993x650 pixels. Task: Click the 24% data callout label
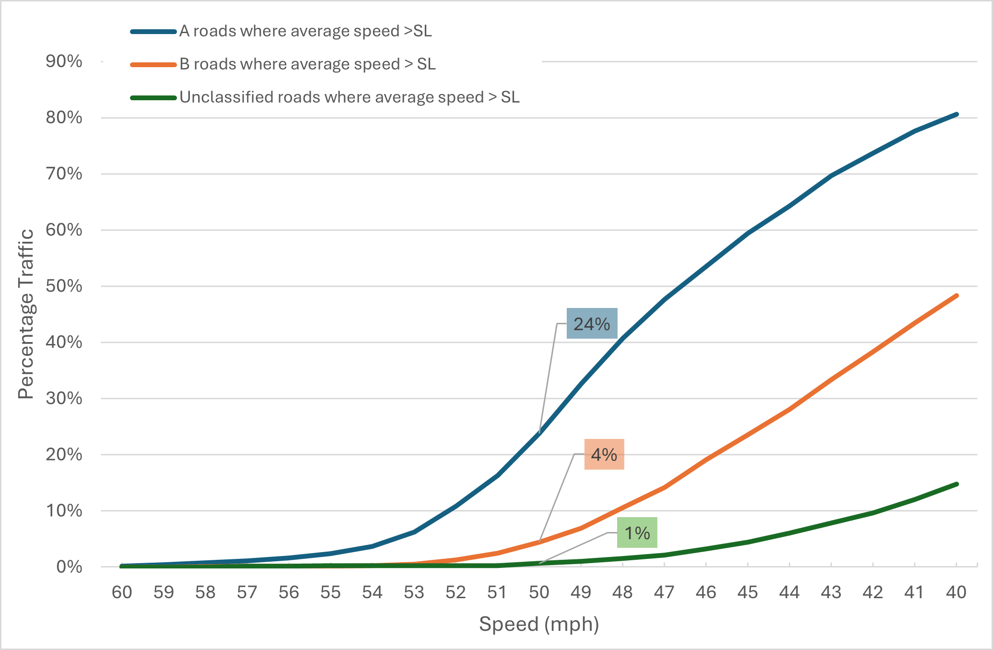coord(592,324)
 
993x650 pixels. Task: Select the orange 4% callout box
coord(604,454)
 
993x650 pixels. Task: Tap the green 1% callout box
coord(637,532)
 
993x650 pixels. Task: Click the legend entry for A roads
coord(305,31)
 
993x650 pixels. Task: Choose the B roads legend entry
coord(307,64)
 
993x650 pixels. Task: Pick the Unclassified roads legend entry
coord(349,97)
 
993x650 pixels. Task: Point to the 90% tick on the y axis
coord(64,61)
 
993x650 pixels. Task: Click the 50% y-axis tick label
coord(64,286)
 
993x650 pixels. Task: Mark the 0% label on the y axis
coord(69,567)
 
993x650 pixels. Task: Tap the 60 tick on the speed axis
coord(122,592)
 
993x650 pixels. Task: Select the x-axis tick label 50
coord(539,592)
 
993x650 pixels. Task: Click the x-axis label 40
coord(956,592)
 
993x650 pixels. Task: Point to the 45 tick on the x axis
coord(748,592)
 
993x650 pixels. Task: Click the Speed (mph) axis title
coord(539,624)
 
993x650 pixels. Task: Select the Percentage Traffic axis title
coord(26,314)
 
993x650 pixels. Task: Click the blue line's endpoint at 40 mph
coord(957,114)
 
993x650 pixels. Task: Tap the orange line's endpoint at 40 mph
coord(957,295)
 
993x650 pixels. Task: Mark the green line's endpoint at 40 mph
coord(957,484)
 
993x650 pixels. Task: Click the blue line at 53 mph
coord(414,532)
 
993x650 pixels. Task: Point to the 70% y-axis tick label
coord(64,174)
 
